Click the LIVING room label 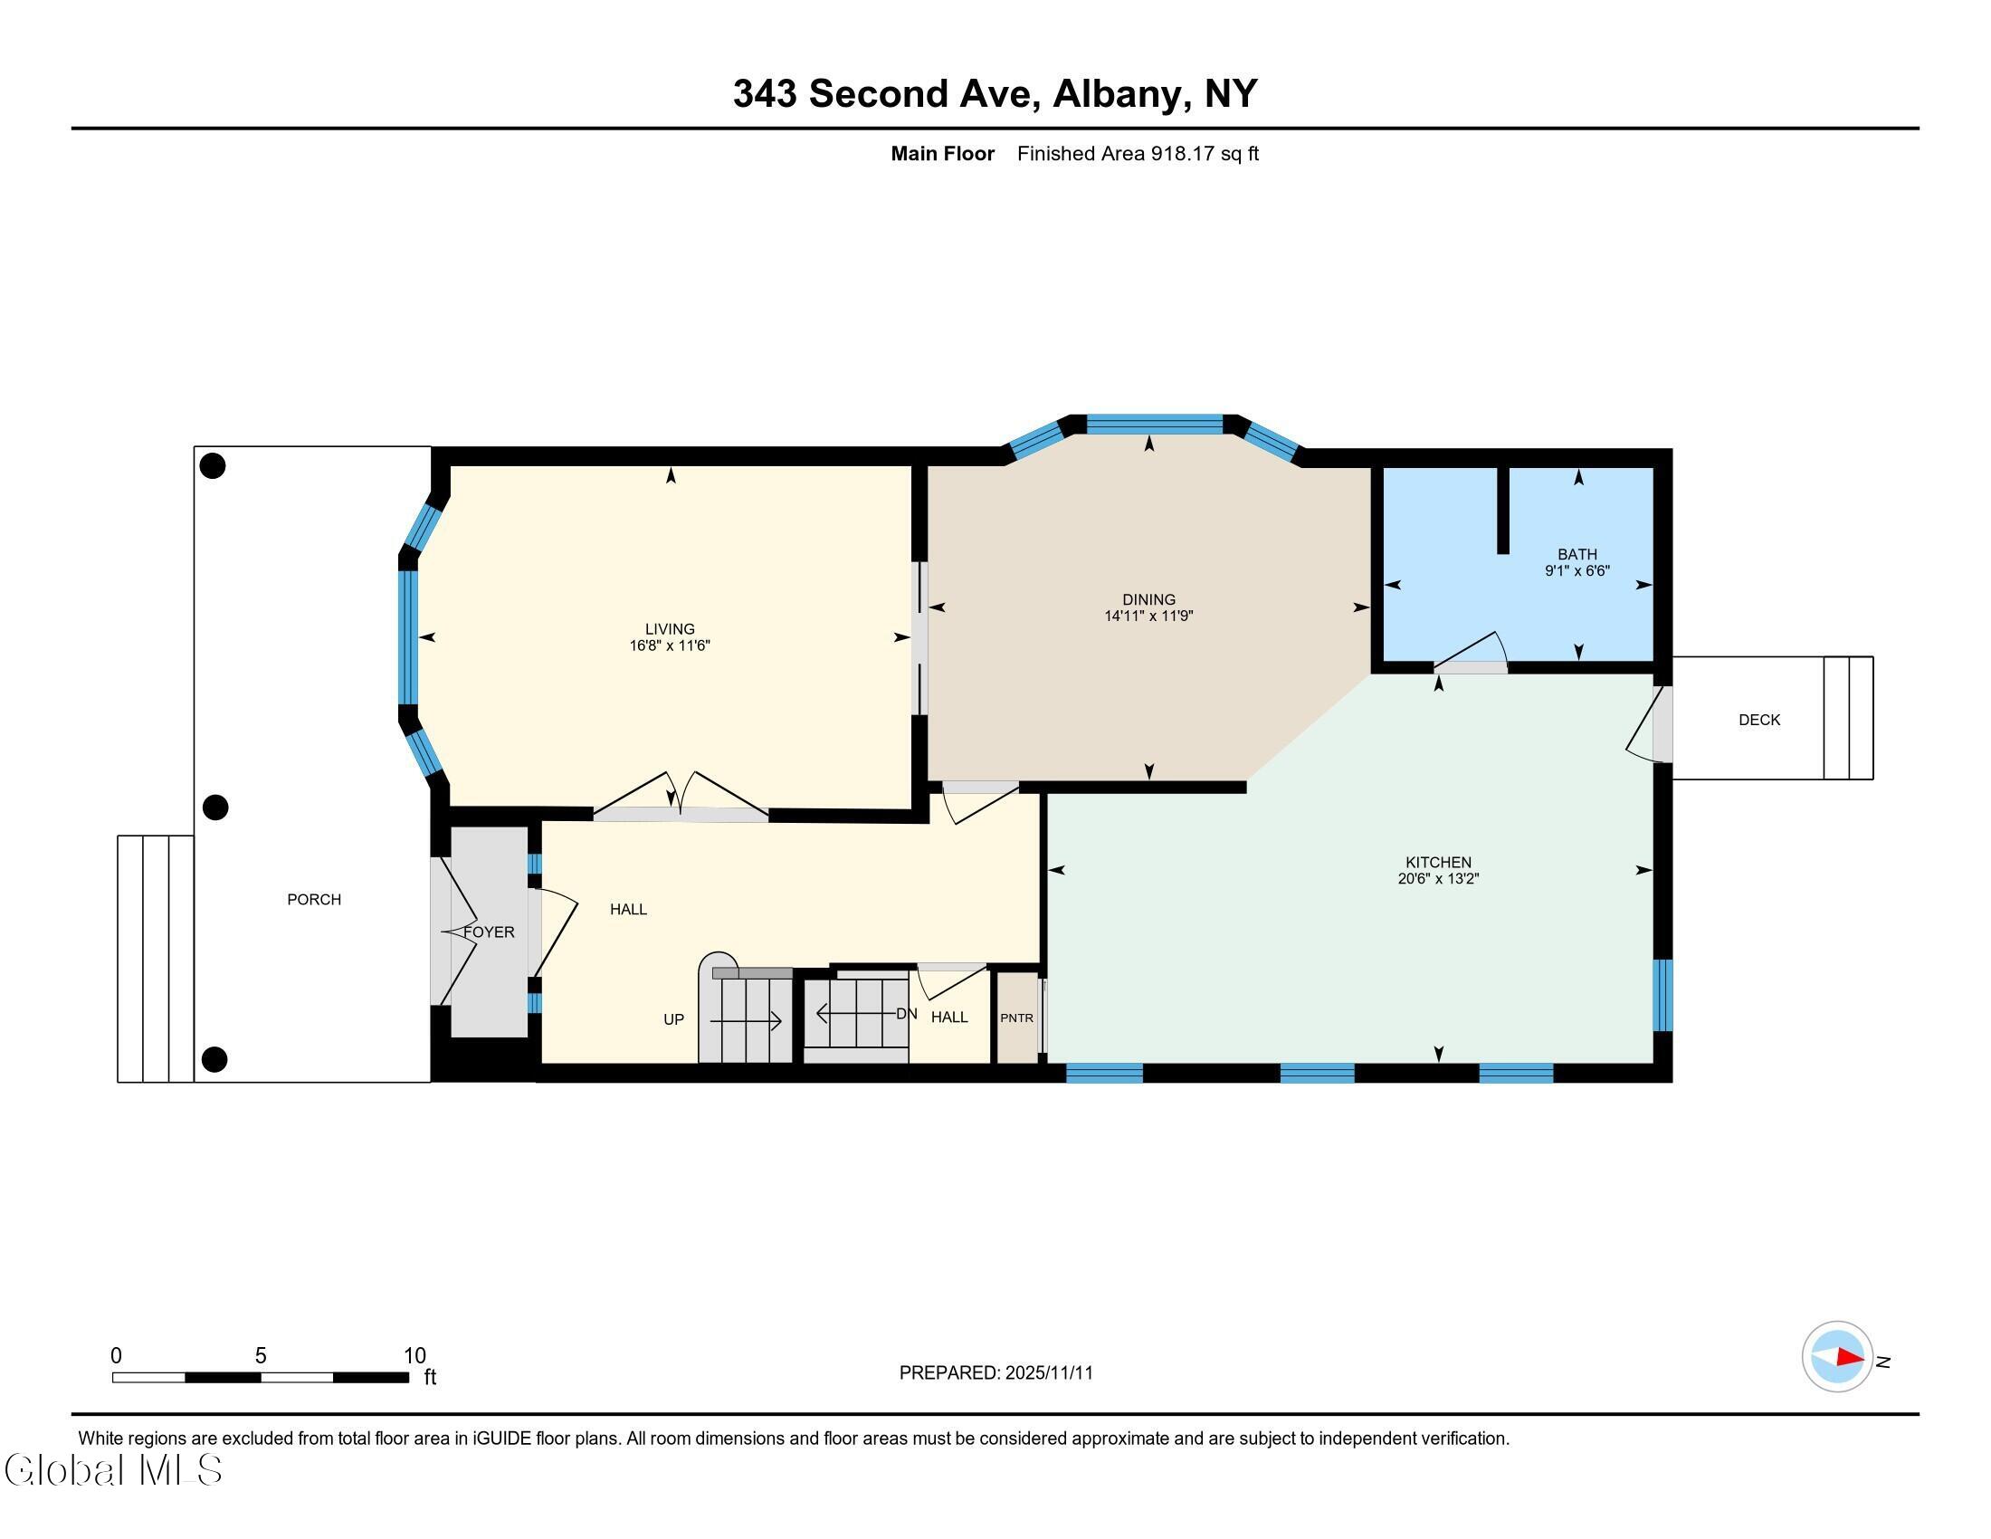coord(670,629)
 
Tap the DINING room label coord(1148,599)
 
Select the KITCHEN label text coord(1439,863)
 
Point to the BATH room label coord(1577,554)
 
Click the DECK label coord(1759,721)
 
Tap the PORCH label coord(315,900)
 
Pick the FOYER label coord(490,932)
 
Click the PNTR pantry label coord(1016,1018)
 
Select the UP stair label coord(673,1019)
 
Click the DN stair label coord(906,1014)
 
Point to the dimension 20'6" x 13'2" coord(1439,879)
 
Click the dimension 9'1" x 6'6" coord(1577,570)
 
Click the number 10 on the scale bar coord(414,1356)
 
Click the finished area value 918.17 coord(1183,153)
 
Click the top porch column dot coord(213,466)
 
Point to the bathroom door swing coord(1471,647)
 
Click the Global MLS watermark coord(113,1469)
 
